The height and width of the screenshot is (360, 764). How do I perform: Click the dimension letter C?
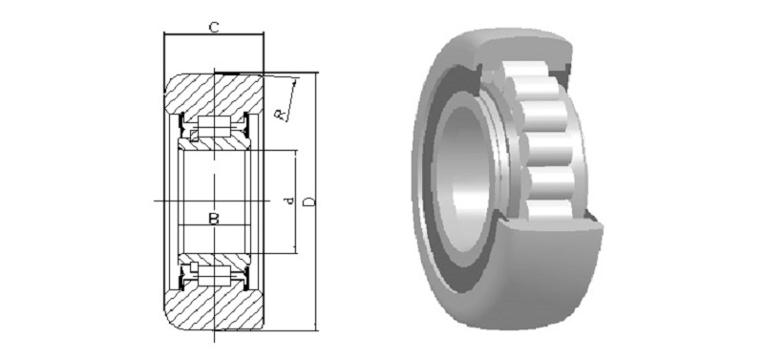point(213,28)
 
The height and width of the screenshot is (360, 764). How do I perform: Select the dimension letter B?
point(214,219)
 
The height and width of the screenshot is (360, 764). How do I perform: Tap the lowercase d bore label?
point(289,201)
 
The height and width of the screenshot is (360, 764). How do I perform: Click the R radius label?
point(280,115)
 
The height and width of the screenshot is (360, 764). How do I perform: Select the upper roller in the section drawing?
point(214,126)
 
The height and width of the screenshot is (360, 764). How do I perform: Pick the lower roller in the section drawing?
point(214,276)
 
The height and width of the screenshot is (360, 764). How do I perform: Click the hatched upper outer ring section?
point(214,95)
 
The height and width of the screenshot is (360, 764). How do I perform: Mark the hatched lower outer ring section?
point(214,307)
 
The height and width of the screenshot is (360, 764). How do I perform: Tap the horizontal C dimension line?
point(214,34)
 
